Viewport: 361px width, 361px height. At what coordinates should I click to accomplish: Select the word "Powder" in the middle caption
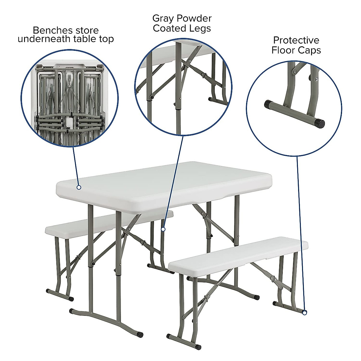click(194, 19)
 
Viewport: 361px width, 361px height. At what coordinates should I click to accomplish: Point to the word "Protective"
click(296, 40)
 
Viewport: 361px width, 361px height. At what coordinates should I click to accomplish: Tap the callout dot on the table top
click(79, 187)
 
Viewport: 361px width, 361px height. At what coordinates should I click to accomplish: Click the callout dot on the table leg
click(163, 229)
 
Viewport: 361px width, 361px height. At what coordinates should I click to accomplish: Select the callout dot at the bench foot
click(304, 313)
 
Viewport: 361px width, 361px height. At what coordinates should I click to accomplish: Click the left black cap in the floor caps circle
click(267, 104)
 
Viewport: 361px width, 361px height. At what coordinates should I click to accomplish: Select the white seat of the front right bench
click(238, 255)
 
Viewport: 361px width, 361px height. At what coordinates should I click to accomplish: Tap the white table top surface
click(168, 180)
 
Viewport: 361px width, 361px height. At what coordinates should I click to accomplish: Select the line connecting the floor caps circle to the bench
click(301, 235)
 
